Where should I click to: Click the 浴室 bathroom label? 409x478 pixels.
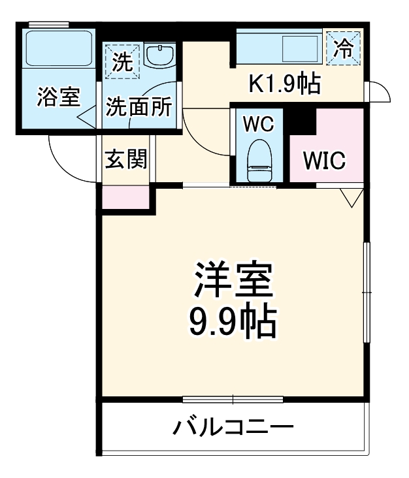57,97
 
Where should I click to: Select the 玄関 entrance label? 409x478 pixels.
125,159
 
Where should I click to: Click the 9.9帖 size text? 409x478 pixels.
233,321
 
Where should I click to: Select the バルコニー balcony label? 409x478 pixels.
233,428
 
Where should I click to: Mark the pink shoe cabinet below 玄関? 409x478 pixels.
125,198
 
